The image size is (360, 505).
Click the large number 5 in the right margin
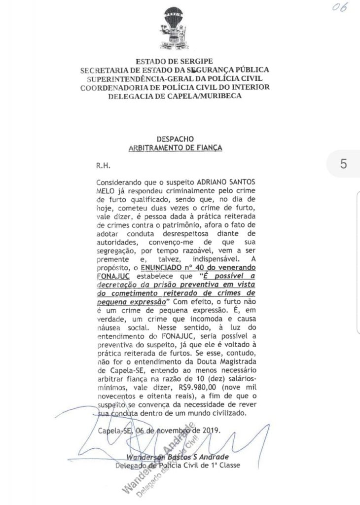[343, 164]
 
